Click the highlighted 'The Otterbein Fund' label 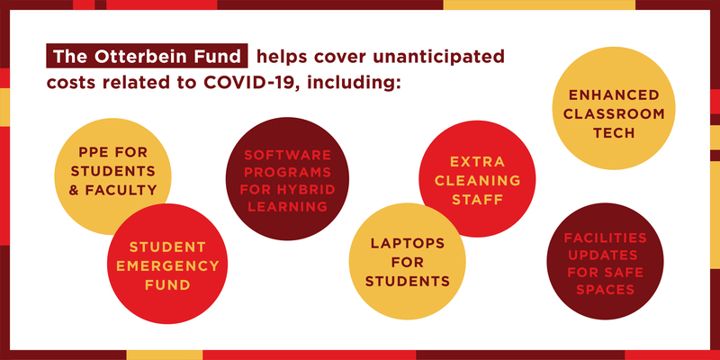pos(147,56)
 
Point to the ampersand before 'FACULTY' pos(74,190)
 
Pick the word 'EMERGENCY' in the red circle pos(167,265)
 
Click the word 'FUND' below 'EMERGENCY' pos(167,284)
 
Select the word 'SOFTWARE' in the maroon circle pos(287,154)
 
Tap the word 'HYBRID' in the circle pos(310,189)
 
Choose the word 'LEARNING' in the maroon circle pos(287,207)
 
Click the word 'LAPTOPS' pos(408,243)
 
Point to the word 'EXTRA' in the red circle pos(478,162)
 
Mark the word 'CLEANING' pos(478,181)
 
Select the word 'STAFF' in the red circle pos(478,200)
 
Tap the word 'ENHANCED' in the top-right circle pos(614,95)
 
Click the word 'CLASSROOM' pos(614,114)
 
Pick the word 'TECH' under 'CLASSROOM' pos(614,133)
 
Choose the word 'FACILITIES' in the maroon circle pos(605,238)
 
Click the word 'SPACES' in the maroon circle pos(605,290)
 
